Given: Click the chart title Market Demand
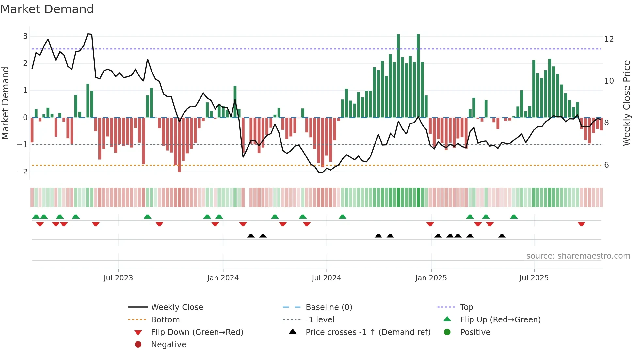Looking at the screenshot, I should coord(47,9).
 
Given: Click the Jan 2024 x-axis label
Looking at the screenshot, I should coord(223,278).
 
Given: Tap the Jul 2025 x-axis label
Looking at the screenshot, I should coord(534,278).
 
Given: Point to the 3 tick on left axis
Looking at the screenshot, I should coord(25,36).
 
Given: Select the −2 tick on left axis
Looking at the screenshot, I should coord(23,172).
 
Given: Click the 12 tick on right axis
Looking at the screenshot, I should coord(609,39).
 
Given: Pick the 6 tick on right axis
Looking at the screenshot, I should coord(606,165).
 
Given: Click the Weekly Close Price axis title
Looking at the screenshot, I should coord(626,103).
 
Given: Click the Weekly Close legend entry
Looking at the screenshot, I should coord(177,307).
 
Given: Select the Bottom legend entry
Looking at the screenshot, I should coord(165,320).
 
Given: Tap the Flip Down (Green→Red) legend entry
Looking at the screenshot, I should coord(197,332).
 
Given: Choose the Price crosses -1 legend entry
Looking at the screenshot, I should coord(368,332).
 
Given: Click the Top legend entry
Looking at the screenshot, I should coord(466,307).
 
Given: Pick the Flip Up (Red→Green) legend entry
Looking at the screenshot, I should coord(500,320).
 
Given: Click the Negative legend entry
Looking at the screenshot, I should coord(168,345).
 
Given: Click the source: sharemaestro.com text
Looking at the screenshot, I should coord(578,256).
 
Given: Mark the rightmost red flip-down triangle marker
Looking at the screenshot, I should coord(581,224).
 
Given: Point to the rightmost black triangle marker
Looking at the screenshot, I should coord(502,236).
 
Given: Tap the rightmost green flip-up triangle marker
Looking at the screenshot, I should coord(514,217).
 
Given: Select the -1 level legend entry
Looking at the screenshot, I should coord(320,320).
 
